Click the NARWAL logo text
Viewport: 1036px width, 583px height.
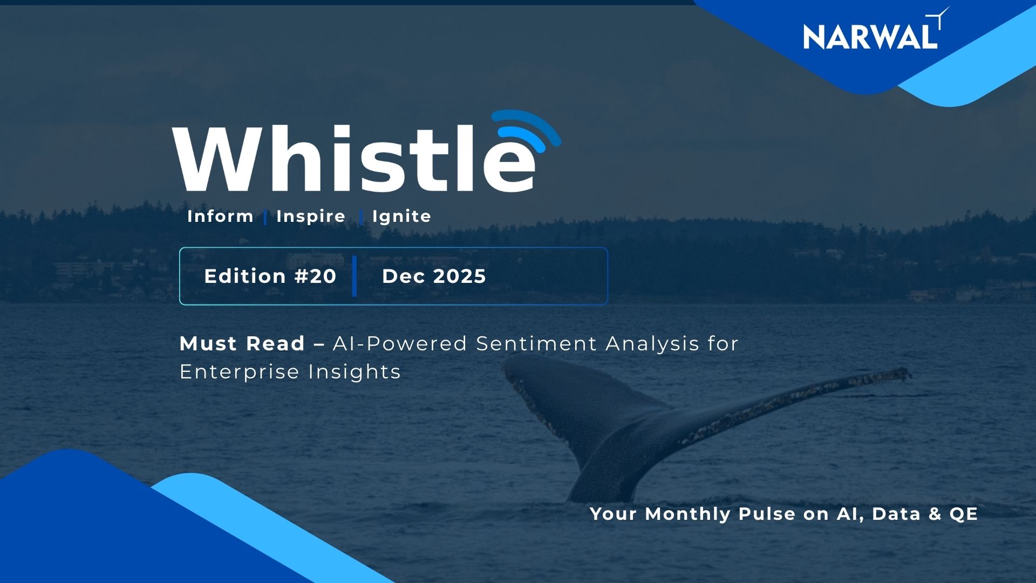[870, 37]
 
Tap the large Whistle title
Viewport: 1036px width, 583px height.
[353, 159]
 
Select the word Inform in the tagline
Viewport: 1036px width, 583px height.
[220, 216]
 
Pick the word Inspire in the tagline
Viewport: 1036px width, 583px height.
[310, 216]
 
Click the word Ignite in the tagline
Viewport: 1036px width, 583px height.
[401, 216]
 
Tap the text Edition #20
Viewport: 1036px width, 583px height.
[270, 276]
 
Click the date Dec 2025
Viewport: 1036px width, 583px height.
[434, 276]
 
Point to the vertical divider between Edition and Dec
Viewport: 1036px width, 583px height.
[355, 276]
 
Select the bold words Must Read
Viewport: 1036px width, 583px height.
[242, 344]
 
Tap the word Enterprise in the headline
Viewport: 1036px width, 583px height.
[239, 372]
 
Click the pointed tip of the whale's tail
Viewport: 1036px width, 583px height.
[908, 372]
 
